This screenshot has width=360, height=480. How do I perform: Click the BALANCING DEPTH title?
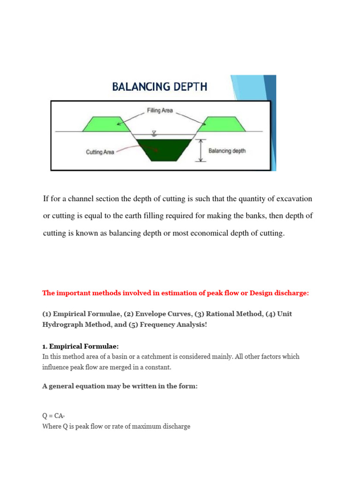tap(159, 87)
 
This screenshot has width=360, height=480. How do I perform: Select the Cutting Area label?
tap(100, 152)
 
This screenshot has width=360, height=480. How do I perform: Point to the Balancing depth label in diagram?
tap(227, 151)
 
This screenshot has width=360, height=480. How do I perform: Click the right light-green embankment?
tap(222, 124)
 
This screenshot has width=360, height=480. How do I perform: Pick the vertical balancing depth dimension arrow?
tap(201, 150)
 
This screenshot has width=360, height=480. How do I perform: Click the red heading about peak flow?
tap(176, 293)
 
